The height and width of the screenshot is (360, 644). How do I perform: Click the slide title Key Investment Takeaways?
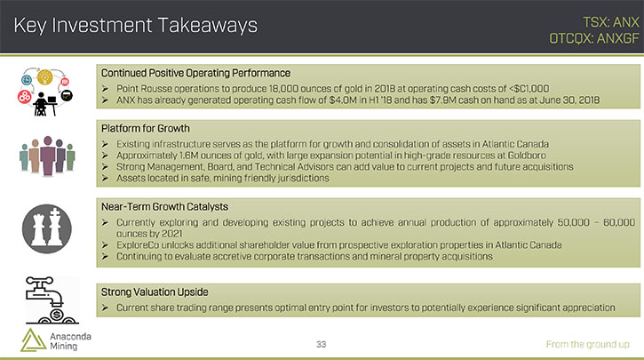tap(136, 26)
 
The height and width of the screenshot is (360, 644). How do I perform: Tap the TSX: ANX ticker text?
tap(611, 22)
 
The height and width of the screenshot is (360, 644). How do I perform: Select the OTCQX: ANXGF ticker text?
tap(594, 38)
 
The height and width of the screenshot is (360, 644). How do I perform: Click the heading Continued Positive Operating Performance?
tap(195, 73)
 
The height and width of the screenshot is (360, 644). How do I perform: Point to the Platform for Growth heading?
tap(146, 129)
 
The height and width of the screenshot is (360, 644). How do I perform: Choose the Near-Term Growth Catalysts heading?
tap(164, 207)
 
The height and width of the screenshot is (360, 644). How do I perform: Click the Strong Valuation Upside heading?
tap(155, 292)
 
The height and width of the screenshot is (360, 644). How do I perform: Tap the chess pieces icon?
tap(47, 228)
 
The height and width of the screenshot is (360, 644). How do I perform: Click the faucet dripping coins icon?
tap(51, 300)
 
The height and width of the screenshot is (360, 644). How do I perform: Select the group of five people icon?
tap(47, 156)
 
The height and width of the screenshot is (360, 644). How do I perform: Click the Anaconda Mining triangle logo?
tap(33, 340)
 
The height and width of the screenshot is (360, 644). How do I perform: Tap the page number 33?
tap(322, 344)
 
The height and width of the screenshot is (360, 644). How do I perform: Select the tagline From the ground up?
tap(587, 344)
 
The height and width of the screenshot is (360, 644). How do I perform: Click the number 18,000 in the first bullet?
tap(283, 89)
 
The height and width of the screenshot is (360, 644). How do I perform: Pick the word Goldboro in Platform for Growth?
tap(527, 156)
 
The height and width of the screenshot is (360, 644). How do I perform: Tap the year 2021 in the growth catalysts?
tap(171, 234)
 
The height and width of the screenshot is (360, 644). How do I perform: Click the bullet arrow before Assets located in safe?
tap(105, 179)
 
